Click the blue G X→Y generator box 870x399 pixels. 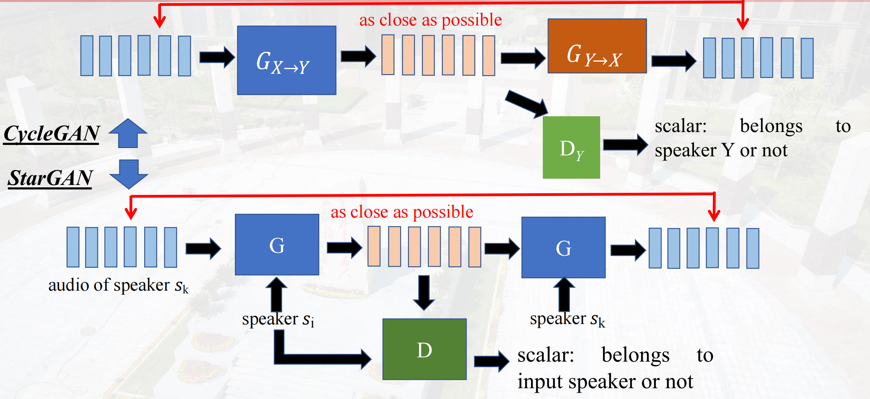tap(286, 60)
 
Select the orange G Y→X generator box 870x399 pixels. tap(597, 46)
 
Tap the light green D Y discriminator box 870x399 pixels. tap(571, 148)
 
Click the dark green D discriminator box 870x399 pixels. tap(424, 349)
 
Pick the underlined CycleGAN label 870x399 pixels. tap(51, 134)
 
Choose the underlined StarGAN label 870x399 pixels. tap(50, 178)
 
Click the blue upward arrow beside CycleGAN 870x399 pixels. tap(128, 133)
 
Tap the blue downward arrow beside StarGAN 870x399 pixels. tap(129, 174)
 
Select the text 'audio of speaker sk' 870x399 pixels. tap(118, 285)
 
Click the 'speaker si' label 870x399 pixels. tap(278, 319)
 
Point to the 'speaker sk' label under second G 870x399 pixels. tap(567, 319)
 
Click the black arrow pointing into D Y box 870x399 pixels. tap(527, 104)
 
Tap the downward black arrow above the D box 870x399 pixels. tap(424, 293)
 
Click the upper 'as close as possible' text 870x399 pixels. tap(430, 20)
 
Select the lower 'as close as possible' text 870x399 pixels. tap(402, 212)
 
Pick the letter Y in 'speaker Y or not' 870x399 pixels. tap(728, 150)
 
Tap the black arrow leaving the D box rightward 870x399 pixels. tap(491, 361)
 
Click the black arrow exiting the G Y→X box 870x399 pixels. tap(673, 61)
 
